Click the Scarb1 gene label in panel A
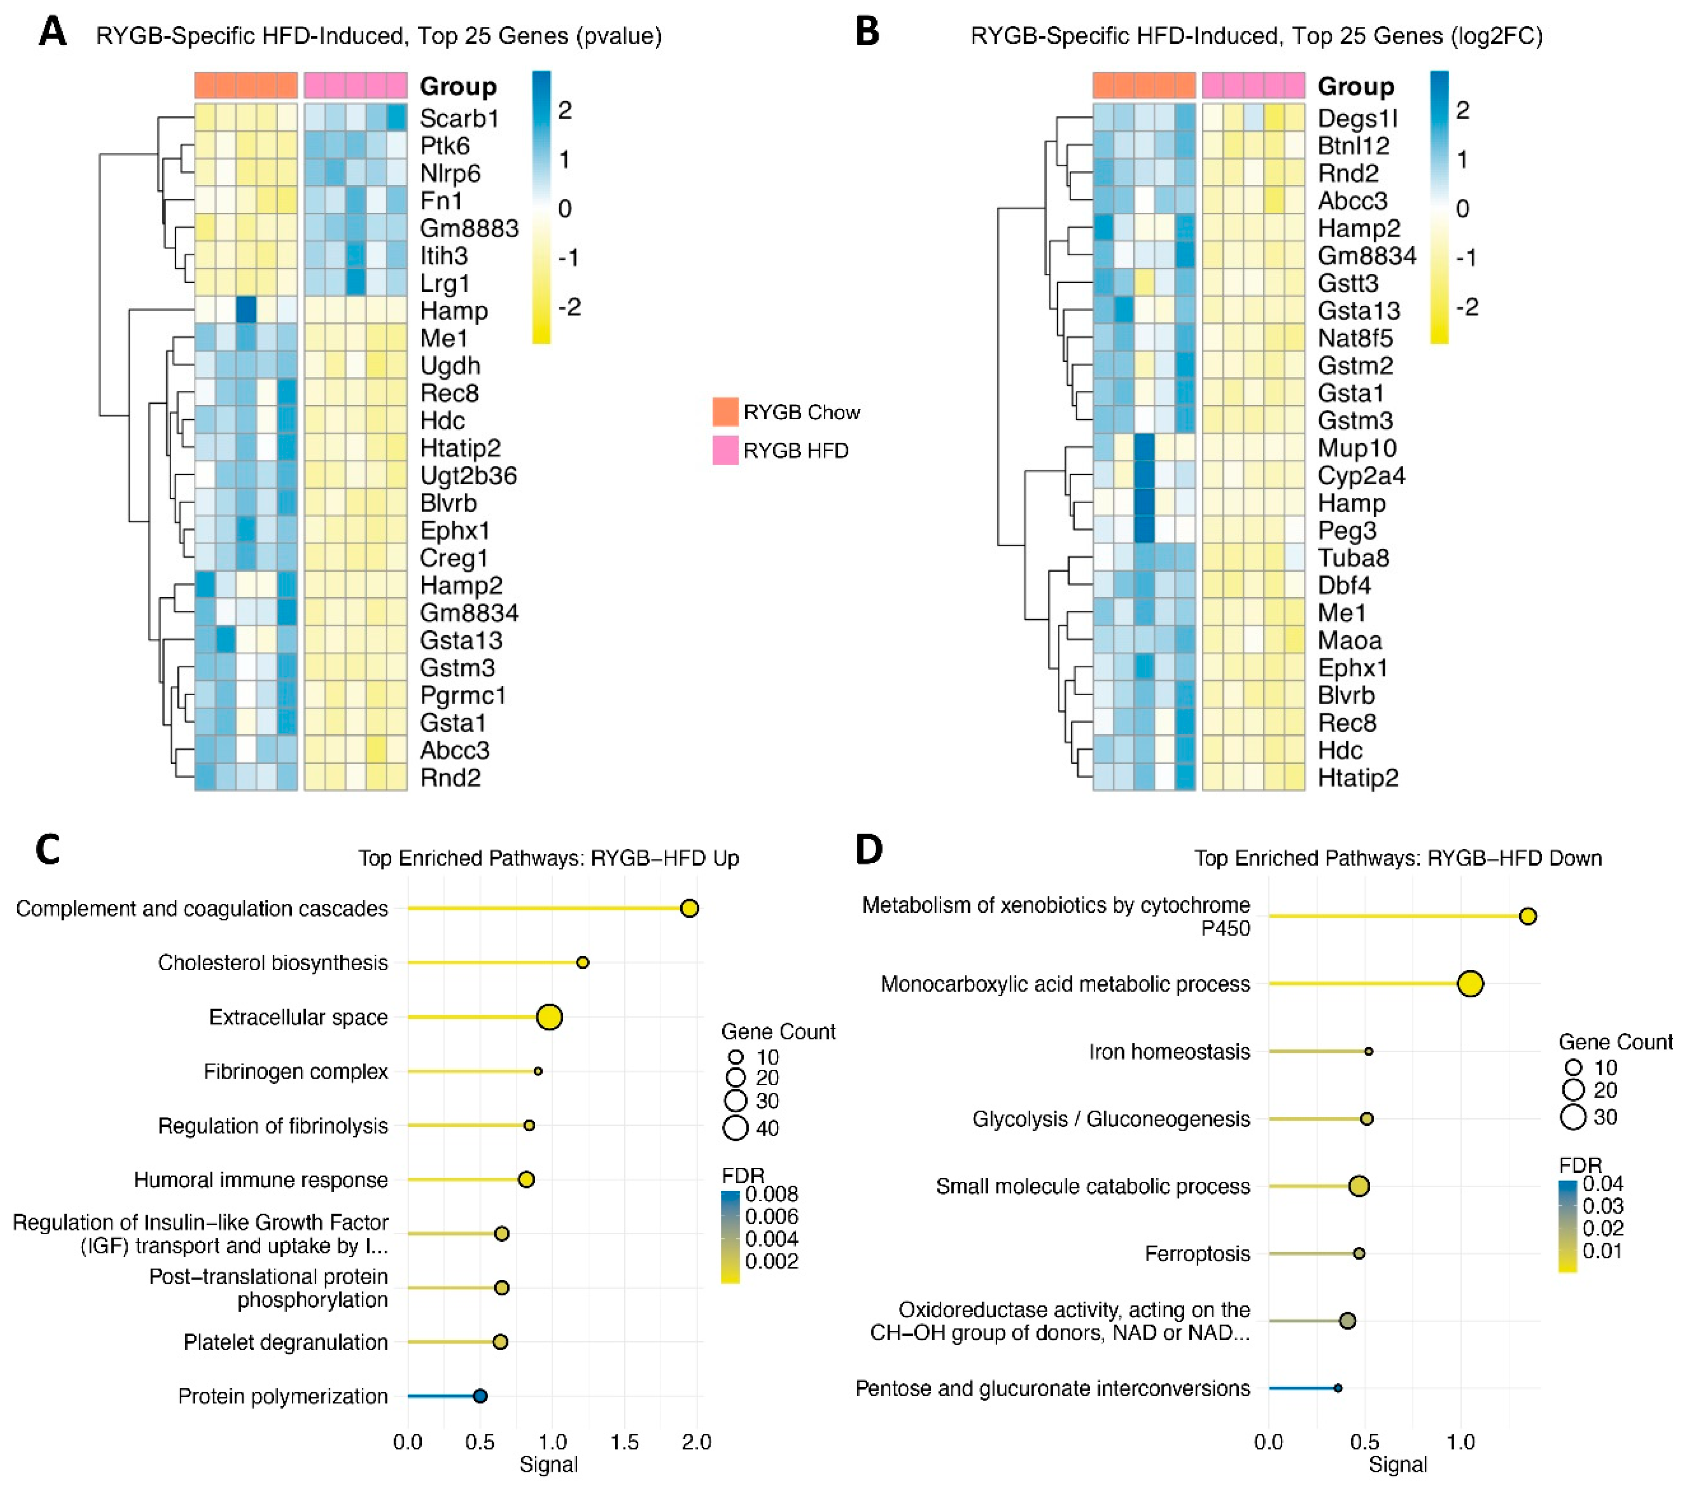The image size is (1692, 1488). [458, 118]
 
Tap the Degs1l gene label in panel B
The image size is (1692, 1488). [1357, 118]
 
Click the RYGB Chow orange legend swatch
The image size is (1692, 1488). [725, 411]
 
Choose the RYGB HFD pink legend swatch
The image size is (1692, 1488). [725, 450]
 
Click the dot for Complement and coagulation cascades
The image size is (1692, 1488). [689, 909]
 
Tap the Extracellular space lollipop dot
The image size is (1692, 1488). [550, 1017]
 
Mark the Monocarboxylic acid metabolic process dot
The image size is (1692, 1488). [1470, 984]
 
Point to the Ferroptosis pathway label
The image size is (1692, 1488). [1197, 1254]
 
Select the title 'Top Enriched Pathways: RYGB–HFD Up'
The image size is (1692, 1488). [548, 858]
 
